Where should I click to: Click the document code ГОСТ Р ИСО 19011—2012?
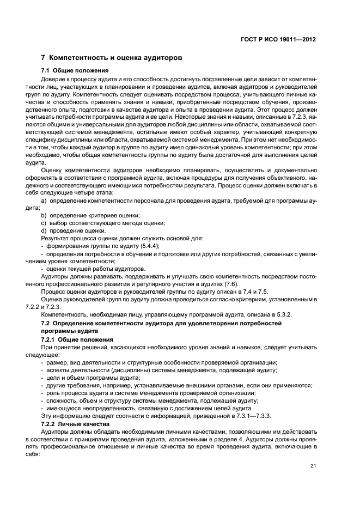(x=279, y=39)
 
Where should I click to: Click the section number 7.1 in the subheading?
(x=46, y=71)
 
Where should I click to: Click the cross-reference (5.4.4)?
(x=148, y=246)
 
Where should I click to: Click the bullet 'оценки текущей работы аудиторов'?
(x=93, y=269)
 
